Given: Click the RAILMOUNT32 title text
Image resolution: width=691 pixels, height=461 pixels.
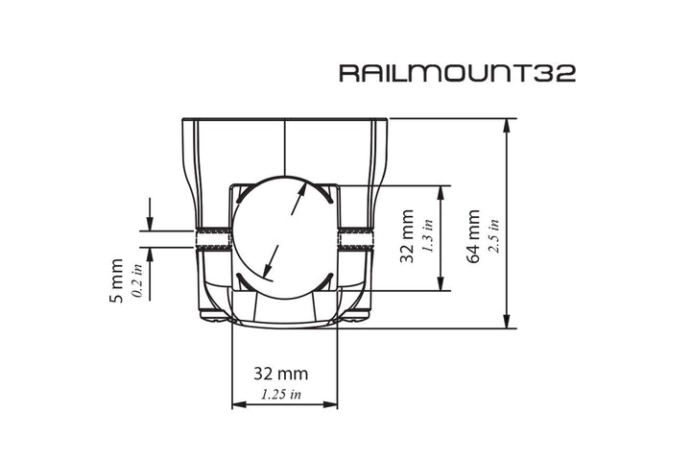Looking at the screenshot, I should click(x=457, y=74).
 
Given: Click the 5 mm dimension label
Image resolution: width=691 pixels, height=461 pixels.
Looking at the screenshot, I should click(x=117, y=279).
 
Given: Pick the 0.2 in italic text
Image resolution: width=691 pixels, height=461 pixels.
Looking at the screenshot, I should click(x=136, y=279).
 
